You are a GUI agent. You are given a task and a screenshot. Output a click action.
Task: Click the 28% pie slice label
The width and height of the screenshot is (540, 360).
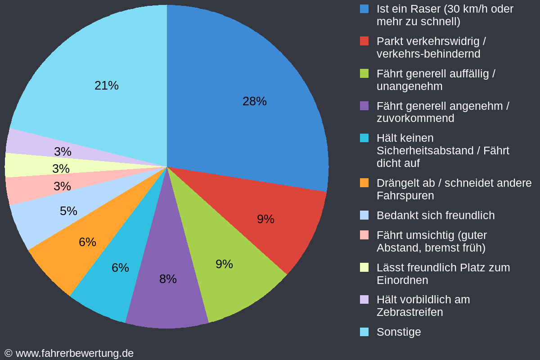tap(254, 101)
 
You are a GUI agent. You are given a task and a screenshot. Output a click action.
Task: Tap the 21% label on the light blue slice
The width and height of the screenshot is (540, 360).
tap(107, 85)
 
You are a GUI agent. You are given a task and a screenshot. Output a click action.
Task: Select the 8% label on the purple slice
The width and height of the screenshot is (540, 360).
tap(168, 279)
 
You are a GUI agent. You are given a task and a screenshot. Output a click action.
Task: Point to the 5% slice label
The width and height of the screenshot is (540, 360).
tap(68, 211)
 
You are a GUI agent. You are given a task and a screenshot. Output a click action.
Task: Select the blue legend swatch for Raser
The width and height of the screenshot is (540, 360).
tap(364, 9)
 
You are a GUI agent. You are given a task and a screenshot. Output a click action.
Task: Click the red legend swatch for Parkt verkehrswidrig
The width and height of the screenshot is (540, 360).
tap(364, 41)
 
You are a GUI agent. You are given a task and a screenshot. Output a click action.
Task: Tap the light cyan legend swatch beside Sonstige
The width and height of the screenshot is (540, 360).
tap(364, 332)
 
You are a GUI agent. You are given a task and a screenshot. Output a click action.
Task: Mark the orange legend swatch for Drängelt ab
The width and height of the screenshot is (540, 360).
tap(364, 183)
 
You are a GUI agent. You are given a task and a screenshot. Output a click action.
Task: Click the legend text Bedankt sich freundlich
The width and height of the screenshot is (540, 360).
tap(435, 215)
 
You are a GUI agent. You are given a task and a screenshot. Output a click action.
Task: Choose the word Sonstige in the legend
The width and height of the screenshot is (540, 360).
tap(399, 332)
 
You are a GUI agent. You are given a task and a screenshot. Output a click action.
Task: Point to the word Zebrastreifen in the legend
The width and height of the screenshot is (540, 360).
tap(409, 312)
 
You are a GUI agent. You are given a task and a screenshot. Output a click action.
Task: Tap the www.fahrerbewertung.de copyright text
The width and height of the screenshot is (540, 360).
tap(69, 353)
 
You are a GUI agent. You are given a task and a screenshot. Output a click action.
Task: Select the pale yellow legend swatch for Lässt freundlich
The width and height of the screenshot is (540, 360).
tap(364, 267)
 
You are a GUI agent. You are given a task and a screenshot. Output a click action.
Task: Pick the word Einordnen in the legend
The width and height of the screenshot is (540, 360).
tap(402, 280)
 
